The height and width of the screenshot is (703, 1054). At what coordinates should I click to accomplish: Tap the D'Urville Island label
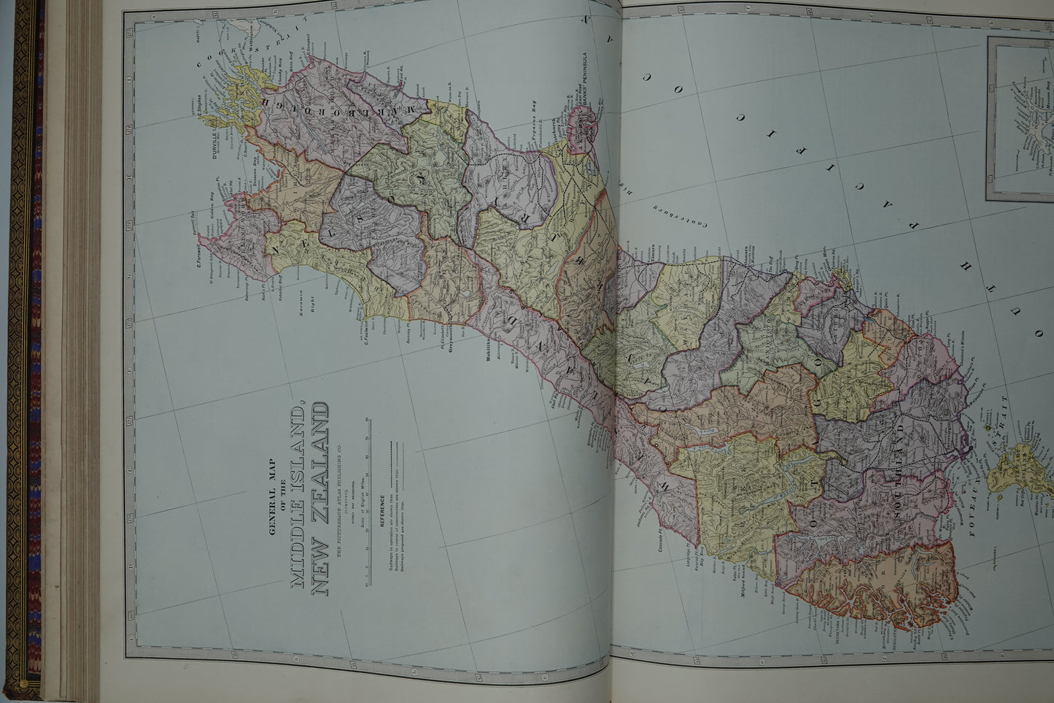click(x=214, y=142)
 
